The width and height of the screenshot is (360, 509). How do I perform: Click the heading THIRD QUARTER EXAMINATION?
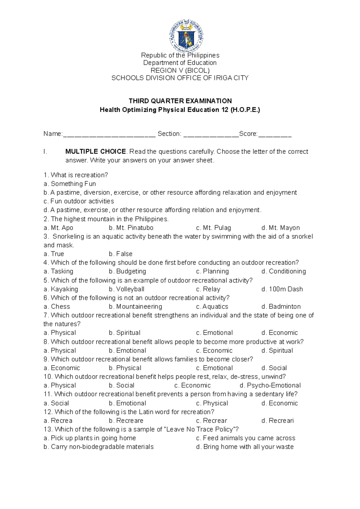pos(180,101)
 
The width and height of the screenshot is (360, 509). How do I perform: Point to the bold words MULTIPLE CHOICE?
pos(95,151)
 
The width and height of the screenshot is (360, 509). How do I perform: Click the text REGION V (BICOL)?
pos(180,70)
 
